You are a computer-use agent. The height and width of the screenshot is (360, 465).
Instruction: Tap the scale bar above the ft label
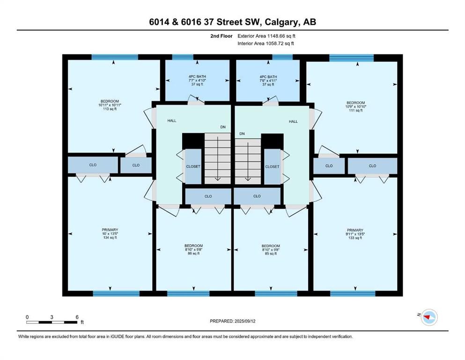[x=52, y=322]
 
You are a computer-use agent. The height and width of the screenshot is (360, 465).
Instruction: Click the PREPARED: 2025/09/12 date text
[x=232, y=321]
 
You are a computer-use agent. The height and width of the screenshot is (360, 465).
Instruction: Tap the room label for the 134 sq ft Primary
[x=110, y=233]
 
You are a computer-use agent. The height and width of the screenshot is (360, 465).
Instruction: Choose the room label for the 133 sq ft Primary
[x=355, y=233]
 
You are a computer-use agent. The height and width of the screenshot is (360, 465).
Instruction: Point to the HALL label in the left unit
[x=172, y=121]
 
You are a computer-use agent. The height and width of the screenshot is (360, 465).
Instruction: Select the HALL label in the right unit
[x=293, y=121]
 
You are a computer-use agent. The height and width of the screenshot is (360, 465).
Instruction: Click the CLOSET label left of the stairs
[x=193, y=166]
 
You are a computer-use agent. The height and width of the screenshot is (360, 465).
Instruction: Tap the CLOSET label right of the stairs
[x=272, y=166]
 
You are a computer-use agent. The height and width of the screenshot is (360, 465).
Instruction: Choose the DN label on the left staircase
[x=223, y=127]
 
